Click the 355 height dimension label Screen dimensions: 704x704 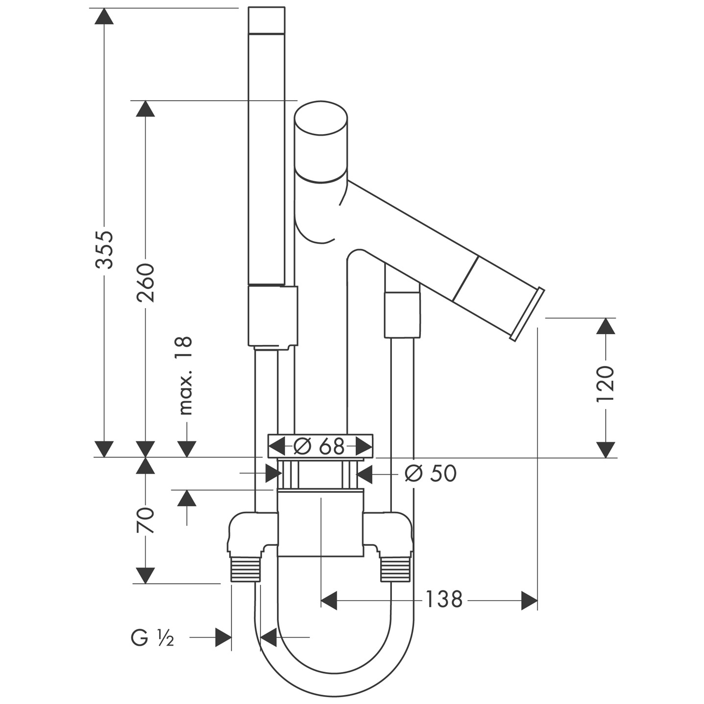pyautogui.click(x=104, y=249)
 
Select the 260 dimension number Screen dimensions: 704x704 pyautogui.click(x=146, y=283)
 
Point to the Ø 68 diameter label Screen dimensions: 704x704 pyautogui.click(x=319, y=446)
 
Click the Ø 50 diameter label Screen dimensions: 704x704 pyautogui.click(x=431, y=473)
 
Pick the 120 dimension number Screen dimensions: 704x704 pyautogui.click(x=606, y=384)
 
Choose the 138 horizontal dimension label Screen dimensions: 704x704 pyautogui.click(x=443, y=599)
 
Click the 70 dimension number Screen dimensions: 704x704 pyautogui.click(x=146, y=520)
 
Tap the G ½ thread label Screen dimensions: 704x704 pyautogui.click(x=152, y=638)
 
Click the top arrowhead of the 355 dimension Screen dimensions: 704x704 pyautogui.click(x=104, y=17)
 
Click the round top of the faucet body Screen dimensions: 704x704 pyautogui.click(x=321, y=119)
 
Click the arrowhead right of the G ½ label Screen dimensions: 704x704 pyautogui.click(x=223, y=637)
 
